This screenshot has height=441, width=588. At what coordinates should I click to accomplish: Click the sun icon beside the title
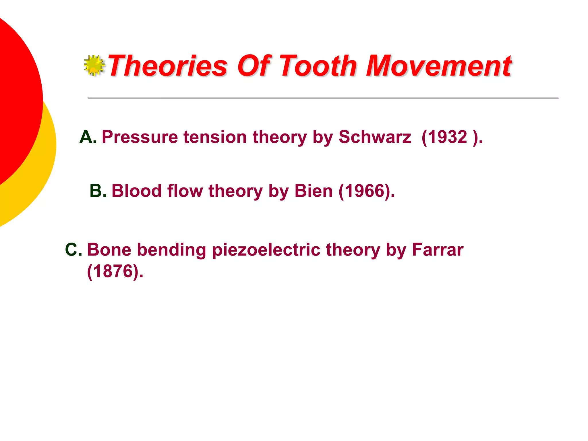pos(94,65)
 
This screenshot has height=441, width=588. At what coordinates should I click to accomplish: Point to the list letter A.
pos(88,137)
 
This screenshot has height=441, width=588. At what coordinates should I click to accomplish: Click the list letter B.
pos(98,191)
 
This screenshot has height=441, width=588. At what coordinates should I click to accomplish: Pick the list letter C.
pos(73,249)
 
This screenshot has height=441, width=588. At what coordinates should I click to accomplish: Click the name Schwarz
pos(375,137)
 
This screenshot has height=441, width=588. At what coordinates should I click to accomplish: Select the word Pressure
pos(140,137)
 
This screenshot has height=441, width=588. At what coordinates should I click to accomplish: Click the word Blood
pos(137,191)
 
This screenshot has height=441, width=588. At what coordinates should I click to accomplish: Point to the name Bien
pos(314,191)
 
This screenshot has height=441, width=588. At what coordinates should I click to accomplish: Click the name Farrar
pos(438,249)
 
